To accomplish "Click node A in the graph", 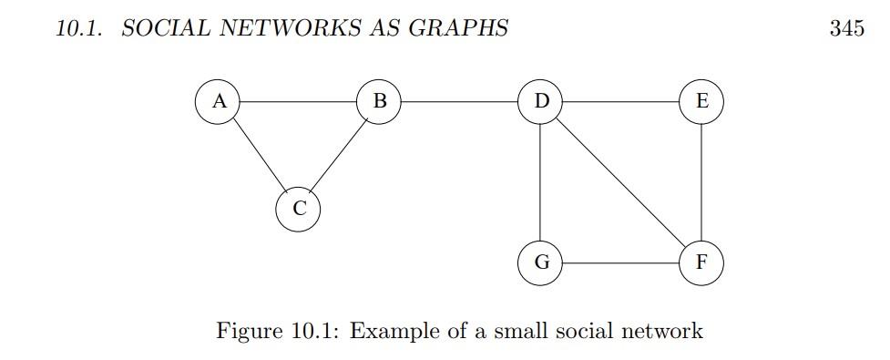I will (x=219, y=101).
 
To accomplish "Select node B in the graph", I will (x=379, y=101).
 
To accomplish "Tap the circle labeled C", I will (x=299, y=209).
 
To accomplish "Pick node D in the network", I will (x=541, y=101).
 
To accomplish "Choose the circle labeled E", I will (x=701, y=101).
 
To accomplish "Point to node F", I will (x=701, y=262).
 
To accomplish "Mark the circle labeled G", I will (x=541, y=262).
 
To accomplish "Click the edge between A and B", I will (x=299, y=101).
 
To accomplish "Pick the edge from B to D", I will (x=460, y=101).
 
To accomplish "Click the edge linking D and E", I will (x=621, y=101).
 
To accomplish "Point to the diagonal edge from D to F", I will (x=621, y=181).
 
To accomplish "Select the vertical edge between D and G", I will (x=541, y=181).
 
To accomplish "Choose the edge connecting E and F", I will (x=701, y=181).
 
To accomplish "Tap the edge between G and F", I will (x=621, y=262).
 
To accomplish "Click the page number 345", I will (x=846, y=28).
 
